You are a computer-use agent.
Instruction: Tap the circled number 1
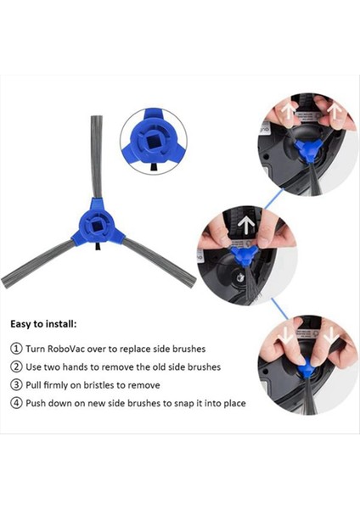[x=16, y=349]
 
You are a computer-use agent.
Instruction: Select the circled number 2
[x=16, y=366]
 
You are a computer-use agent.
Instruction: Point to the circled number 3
[x=16, y=385]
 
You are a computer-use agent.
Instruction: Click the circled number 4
[x=16, y=403]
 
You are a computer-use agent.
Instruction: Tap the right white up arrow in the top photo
[x=337, y=114]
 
